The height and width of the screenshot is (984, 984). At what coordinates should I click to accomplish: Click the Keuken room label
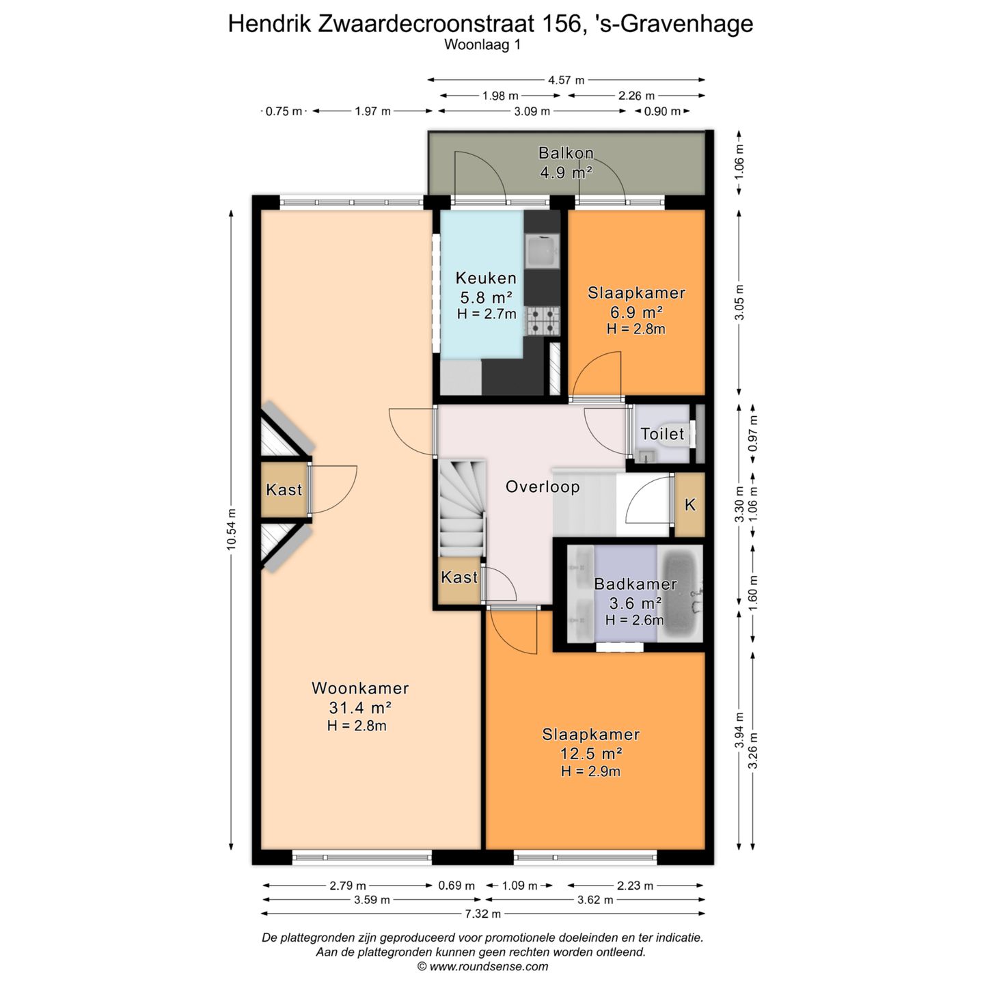[486, 278]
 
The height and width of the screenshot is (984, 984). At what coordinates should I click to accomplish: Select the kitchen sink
[543, 252]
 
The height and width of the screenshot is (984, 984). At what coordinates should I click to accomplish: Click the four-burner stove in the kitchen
[543, 321]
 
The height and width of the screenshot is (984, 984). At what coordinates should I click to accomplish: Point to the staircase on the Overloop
[462, 508]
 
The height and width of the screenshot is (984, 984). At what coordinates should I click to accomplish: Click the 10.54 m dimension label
[232, 530]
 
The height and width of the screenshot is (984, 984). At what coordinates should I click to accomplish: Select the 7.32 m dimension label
[482, 914]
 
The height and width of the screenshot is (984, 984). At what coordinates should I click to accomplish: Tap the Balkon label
[566, 152]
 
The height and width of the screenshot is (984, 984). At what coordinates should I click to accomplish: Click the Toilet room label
[661, 434]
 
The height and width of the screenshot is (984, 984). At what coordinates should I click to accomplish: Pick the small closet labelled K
[690, 504]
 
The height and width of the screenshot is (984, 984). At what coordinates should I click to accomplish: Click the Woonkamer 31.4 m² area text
[360, 708]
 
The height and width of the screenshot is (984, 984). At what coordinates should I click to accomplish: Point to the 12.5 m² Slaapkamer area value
[591, 753]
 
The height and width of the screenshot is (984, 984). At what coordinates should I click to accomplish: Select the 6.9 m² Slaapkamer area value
[636, 312]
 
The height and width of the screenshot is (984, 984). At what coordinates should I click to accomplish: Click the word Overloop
[543, 487]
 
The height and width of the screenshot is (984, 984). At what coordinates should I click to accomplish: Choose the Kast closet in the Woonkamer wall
[284, 490]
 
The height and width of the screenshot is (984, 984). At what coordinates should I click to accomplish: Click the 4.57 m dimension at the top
[566, 80]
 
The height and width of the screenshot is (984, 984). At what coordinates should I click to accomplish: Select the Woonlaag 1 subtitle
[482, 45]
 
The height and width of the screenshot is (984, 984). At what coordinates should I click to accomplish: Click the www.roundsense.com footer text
[482, 966]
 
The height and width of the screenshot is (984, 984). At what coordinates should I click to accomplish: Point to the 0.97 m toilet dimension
[752, 433]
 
